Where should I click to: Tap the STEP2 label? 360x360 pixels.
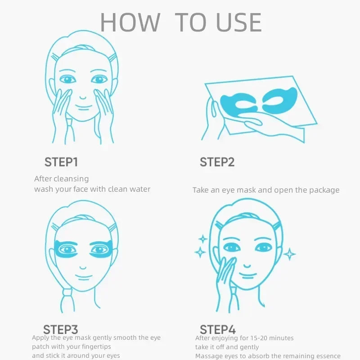click(217, 162)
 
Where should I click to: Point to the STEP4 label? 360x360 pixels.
click(218, 329)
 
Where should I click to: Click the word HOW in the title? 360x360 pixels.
click(130, 22)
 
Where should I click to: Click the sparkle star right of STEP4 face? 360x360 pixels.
click(289, 254)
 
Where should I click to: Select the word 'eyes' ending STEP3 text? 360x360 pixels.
click(112, 356)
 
